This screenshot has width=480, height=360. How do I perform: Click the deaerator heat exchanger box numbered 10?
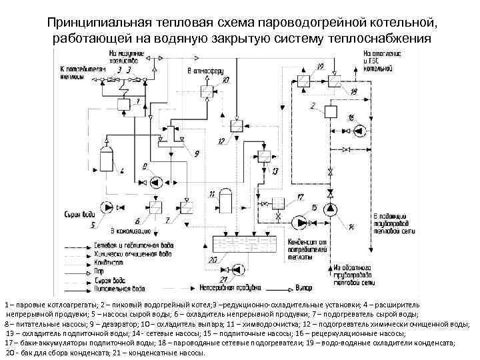click(x=207, y=90)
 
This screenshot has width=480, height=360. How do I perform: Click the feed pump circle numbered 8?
click(x=154, y=182)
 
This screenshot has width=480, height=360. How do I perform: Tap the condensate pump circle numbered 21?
click(x=238, y=269)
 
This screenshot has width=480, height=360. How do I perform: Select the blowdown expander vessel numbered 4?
click(x=106, y=159)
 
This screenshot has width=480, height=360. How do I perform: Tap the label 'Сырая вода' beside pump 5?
click(x=81, y=214)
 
